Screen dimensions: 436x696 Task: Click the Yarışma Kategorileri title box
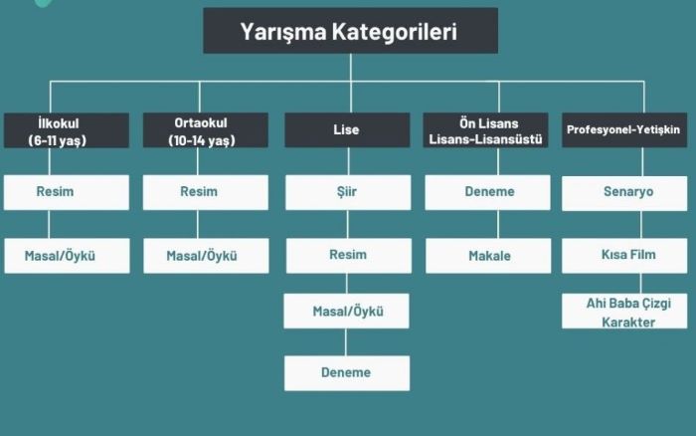click(x=350, y=31)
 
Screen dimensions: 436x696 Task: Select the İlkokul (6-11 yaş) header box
click(x=66, y=130)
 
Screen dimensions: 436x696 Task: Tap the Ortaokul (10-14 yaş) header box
click(x=206, y=130)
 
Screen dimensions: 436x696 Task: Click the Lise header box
click(x=347, y=130)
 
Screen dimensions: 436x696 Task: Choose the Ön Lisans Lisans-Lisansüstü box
click(x=486, y=130)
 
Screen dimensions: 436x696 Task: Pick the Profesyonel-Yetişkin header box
click(x=624, y=130)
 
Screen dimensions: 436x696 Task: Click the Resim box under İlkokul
click(x=66, y=192)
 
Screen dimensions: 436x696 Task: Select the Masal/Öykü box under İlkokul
click(x=66, y=256)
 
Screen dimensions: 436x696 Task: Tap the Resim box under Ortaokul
click(x=206, y=192)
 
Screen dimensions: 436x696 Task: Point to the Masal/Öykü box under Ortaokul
click(x=206, y=256)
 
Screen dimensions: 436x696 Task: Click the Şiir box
click(x=347, y=192)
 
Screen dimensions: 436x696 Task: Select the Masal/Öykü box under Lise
click(x=347, y=312)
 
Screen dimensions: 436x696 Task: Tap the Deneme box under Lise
click(x=346, y=373)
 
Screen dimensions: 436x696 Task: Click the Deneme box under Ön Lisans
click(x=487, y=192)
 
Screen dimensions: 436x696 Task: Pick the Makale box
click(x=488, y=256)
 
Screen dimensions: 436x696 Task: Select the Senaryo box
click(x=624, y=192)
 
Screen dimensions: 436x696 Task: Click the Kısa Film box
click(x=624, y=256)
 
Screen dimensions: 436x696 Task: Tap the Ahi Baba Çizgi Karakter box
click(x=624, y=312)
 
